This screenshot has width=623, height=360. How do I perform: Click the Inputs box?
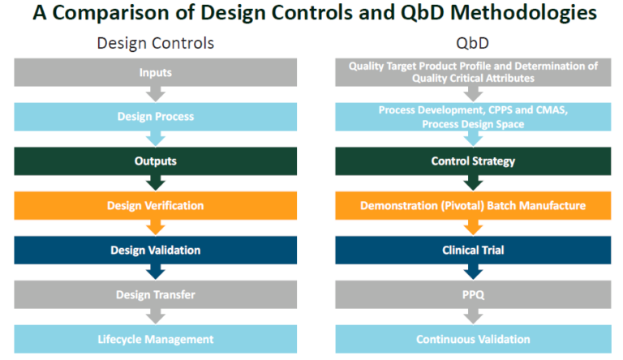[x=155, y=73]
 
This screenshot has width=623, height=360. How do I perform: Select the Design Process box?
[x=155, y=117]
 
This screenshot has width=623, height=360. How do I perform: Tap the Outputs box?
[x=155, y=161]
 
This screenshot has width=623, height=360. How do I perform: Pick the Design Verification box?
[x=155, y=206]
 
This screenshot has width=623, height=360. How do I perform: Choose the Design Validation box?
[x=155, y=251]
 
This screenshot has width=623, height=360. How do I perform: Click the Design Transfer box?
[x=155, y=295]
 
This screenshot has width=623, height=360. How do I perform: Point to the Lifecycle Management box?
[x=155, y=339]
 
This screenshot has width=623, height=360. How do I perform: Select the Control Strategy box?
[x=473, y=161]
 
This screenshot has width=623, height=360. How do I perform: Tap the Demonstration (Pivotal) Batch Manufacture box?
[x=473, y=206]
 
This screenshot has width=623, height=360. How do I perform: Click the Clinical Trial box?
[x=473, y=251]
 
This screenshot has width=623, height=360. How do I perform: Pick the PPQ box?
[x=473, y=295]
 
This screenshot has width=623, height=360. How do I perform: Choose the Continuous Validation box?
[x=473, y=339]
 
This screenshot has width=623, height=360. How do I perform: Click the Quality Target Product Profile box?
[x=473, y=73]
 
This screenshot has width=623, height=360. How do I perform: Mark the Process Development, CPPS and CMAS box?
[x=473, y=117]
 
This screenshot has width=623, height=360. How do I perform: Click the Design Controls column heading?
[x=155, y=43]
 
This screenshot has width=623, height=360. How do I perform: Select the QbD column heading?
[x=473, y=43]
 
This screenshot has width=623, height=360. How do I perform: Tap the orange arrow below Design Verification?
[x=155, y=226]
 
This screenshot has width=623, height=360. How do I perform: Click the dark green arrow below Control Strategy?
[x=473, y=182]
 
